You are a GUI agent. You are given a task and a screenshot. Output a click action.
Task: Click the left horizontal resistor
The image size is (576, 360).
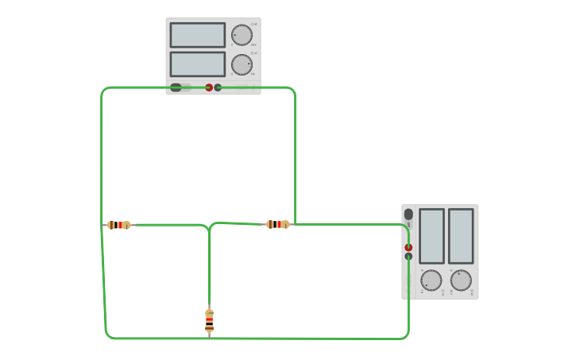[119, 225]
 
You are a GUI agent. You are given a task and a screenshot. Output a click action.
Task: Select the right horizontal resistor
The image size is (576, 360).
[277, 224]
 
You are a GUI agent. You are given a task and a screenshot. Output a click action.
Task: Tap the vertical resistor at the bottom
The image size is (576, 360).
[209, 321]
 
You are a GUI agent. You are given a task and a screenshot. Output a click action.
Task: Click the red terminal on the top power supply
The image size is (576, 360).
[209, 87]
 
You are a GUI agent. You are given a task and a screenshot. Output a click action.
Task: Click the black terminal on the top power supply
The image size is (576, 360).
[218, 87]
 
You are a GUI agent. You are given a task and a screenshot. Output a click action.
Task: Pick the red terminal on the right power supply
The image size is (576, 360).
[408, 247]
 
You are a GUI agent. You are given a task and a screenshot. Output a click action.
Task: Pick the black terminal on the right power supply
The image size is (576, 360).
[408, 256]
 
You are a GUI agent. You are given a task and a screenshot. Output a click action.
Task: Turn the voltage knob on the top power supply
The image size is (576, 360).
[242, 35]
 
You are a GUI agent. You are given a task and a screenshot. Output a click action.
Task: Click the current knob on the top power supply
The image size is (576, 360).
[242, 64]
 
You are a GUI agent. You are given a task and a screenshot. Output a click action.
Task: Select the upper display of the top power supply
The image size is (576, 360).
[197, 35]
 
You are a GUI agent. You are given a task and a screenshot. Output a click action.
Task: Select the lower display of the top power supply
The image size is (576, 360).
[197, 64]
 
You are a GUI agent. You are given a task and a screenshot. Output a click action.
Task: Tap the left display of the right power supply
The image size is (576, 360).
[431, 236]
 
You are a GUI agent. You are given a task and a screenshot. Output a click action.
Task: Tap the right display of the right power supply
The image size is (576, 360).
[461, 236]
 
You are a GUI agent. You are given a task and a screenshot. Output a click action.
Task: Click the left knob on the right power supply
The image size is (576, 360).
[431, 280]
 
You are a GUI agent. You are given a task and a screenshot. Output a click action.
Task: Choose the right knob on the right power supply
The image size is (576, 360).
[461, 280]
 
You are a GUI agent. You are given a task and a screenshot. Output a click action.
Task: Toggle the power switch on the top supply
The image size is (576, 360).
[176, 87]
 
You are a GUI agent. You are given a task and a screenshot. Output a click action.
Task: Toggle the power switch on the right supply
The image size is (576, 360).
[408, 214]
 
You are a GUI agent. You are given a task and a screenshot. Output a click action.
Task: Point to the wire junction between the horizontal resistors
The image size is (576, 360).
[210, 230]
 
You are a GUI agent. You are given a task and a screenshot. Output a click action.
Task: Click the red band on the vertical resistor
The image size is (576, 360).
[209, 320]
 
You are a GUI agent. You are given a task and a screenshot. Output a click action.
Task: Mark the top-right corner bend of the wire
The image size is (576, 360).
[293, 90]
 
